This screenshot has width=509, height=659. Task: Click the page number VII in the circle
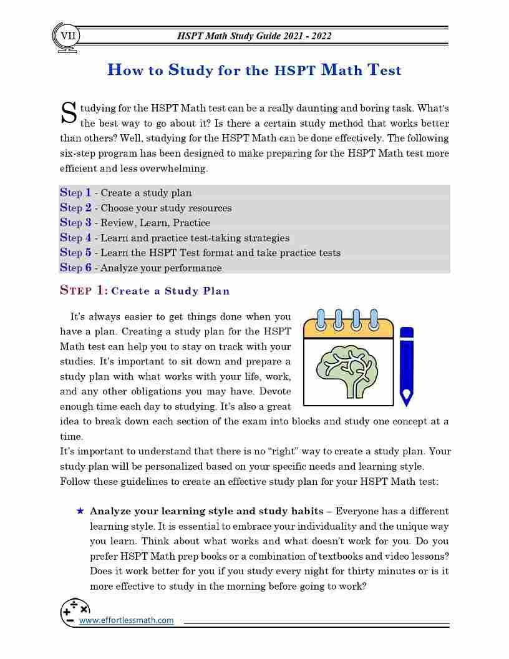pos(67,36)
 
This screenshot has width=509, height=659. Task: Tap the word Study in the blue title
pos(190,70)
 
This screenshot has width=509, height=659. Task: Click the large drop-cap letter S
pos(68,113)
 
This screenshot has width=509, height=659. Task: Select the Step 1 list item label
pos(75,193)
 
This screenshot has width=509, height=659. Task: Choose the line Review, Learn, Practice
pos(155,223)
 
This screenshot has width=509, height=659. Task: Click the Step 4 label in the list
pos(75,238)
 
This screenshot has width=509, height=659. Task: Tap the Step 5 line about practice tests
pos(200,253)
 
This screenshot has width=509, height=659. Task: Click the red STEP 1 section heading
pos(84,290)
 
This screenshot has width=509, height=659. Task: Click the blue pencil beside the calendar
pos(407,362)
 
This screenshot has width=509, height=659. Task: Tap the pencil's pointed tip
pos(407,397)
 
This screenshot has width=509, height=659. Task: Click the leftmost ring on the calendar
pos(321,320)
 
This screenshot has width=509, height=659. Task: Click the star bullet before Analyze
pos(80,511)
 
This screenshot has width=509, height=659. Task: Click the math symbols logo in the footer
pos(74,612)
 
